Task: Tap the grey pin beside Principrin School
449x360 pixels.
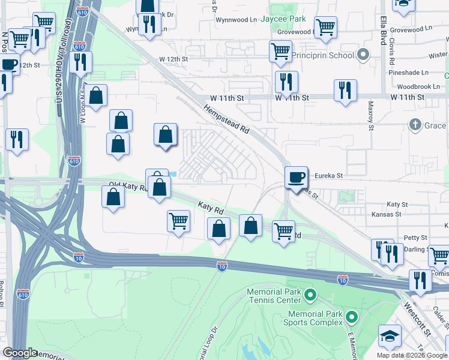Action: pyautogui.click(x=363, y=55)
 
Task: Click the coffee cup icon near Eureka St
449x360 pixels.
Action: pyautogui.click(x=296, y=176)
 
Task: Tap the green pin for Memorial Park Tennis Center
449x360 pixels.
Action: pyautogui.click(x=310, y=295)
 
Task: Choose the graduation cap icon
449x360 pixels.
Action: pyautogui.click(x=390, y=337)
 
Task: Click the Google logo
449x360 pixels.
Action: pyautogui.click(x=20, y=353)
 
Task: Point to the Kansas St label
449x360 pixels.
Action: pyautogui.click(x=386, y=214)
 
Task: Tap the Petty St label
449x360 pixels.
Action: pyautogui.click(x=415, y=238)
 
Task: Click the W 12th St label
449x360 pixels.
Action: pyautogui.click(x=173, y=59)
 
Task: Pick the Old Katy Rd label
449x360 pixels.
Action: pyautogui.click(x=128, y=187)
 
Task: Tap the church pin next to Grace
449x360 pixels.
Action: pyautogui.click(x=414, y=125)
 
